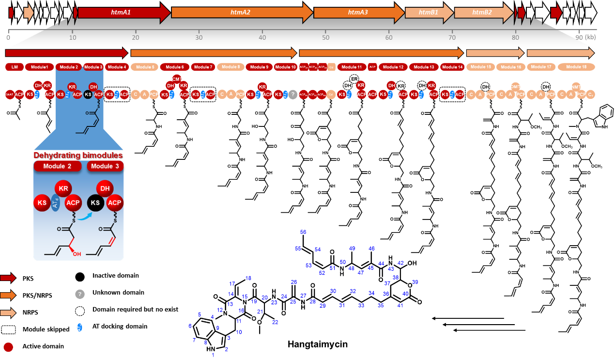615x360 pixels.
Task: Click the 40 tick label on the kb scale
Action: tap(262, 37)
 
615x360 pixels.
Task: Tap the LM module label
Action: tap(15, 67)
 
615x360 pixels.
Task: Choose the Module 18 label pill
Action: tap(576, 67)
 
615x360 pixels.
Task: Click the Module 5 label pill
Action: tap(144, 67)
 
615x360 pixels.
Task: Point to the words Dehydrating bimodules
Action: tap(78, 156)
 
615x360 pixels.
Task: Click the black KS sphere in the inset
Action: tap(95, 203)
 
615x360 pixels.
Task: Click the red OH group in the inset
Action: tap(77, 253)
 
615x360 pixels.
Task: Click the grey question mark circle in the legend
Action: tap(80, 294)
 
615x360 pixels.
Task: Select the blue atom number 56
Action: tap(303, 232)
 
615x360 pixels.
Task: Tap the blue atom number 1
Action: tap(213, 355)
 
